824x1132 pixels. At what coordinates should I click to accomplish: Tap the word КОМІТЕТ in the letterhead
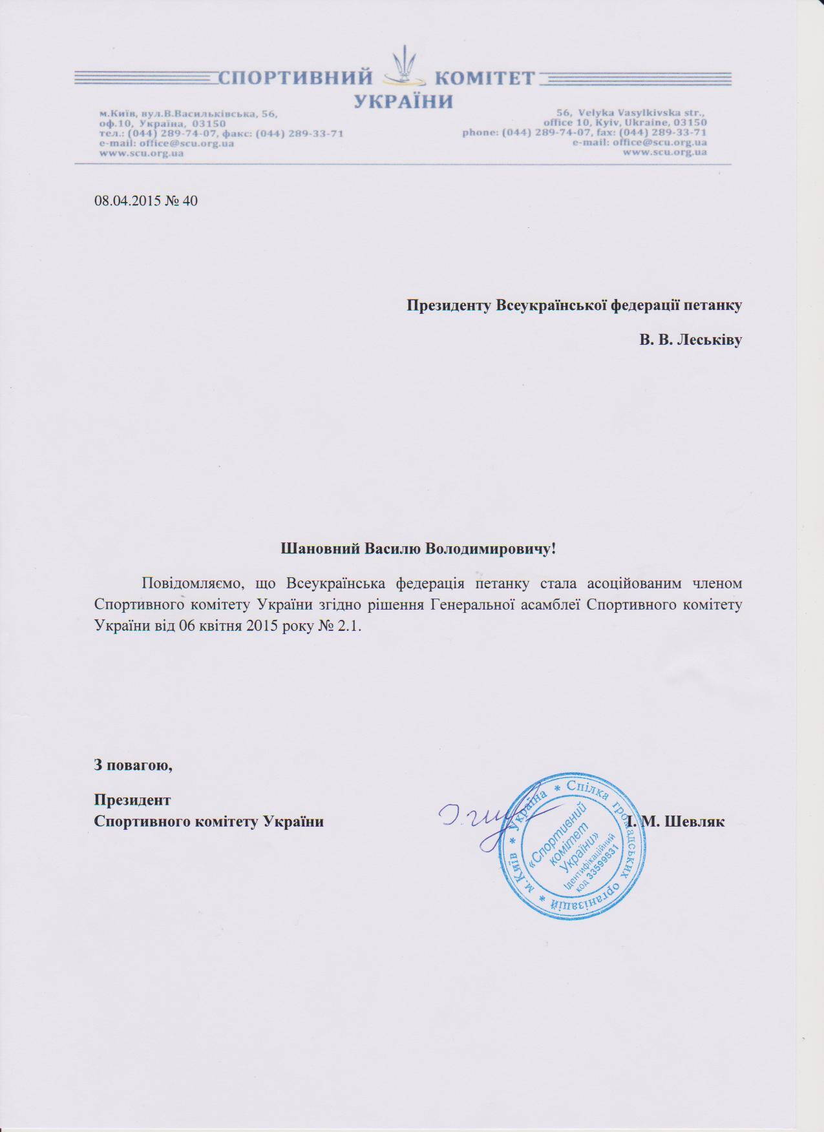point(485,79)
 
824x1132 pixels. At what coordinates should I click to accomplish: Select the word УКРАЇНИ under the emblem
point(404,101)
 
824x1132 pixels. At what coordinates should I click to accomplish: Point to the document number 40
point(190,201)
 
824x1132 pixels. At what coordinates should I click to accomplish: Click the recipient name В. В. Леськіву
point(690,340)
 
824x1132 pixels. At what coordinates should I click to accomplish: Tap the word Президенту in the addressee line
point(449,305)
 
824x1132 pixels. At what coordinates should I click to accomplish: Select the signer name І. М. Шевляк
point(675,821)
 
